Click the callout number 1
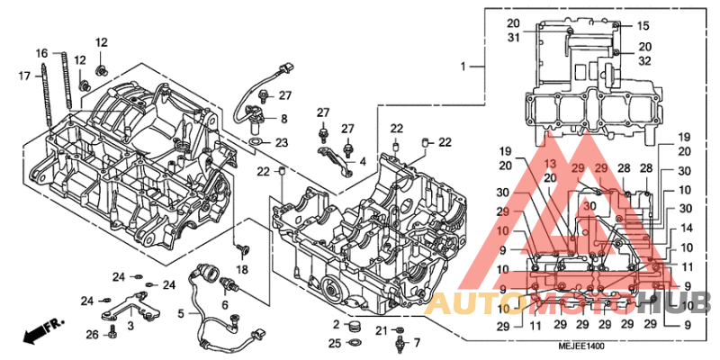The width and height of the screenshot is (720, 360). point(464,67)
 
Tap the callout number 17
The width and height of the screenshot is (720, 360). point(24,76)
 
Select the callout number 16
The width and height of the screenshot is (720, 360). point(41,54)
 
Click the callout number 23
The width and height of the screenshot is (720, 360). point(283,143)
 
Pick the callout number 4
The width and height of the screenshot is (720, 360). point(362,162)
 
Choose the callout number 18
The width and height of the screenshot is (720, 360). point(242,270)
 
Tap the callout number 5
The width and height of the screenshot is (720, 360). point(181,313)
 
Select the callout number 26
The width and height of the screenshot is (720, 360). point(93,336)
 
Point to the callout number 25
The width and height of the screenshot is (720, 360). point(335,343)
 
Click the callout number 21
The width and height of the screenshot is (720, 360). point(381,330)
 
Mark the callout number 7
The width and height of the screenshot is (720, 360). point(417,343)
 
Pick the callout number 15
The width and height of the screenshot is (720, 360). point(643,26)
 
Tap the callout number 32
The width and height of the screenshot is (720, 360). point(645,61)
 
